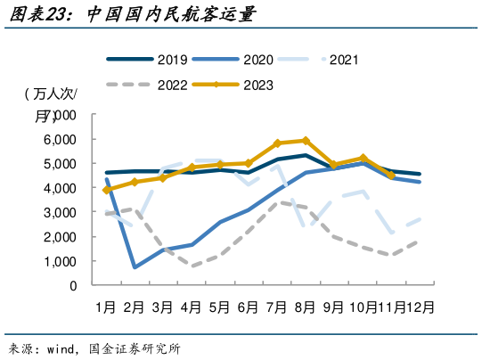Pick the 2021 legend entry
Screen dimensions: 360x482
point(343,61)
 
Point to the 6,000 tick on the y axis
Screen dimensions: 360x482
point(61,139)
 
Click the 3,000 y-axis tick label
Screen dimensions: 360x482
point(61,212)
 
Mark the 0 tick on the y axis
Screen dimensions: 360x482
point(74,286)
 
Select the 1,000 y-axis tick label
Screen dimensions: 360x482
point(61,261)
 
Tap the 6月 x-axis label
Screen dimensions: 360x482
point(249,307)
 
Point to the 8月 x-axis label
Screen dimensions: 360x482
point(306,307)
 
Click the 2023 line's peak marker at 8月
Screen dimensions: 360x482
point(306,141)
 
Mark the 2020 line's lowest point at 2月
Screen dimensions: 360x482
point(135,266)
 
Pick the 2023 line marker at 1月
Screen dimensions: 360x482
point(107,190)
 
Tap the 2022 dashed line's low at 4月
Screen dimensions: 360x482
point(192,266)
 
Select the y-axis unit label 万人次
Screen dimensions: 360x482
point(50,94)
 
